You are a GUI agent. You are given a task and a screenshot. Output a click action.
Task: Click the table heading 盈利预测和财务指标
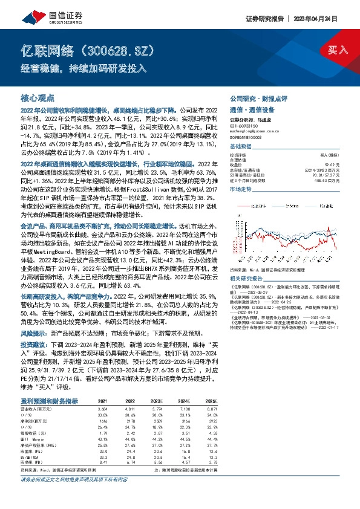(49, 400)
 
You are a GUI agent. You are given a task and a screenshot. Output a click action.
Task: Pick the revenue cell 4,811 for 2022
(131, 409)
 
